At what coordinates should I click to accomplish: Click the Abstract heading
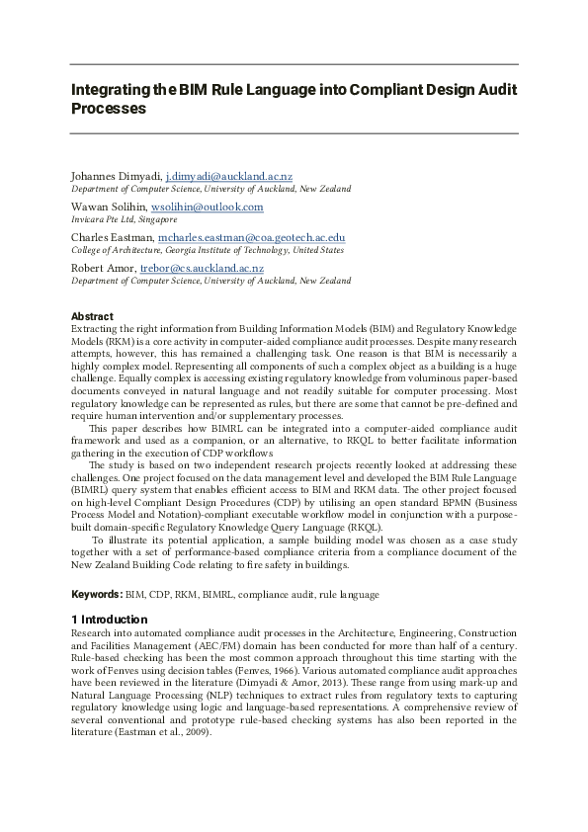click(92, 316)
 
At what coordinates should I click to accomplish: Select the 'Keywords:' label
click(97, 595)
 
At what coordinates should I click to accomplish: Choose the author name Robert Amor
click(103, 267)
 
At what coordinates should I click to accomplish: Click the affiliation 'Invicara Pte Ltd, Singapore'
click(125, 219)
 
